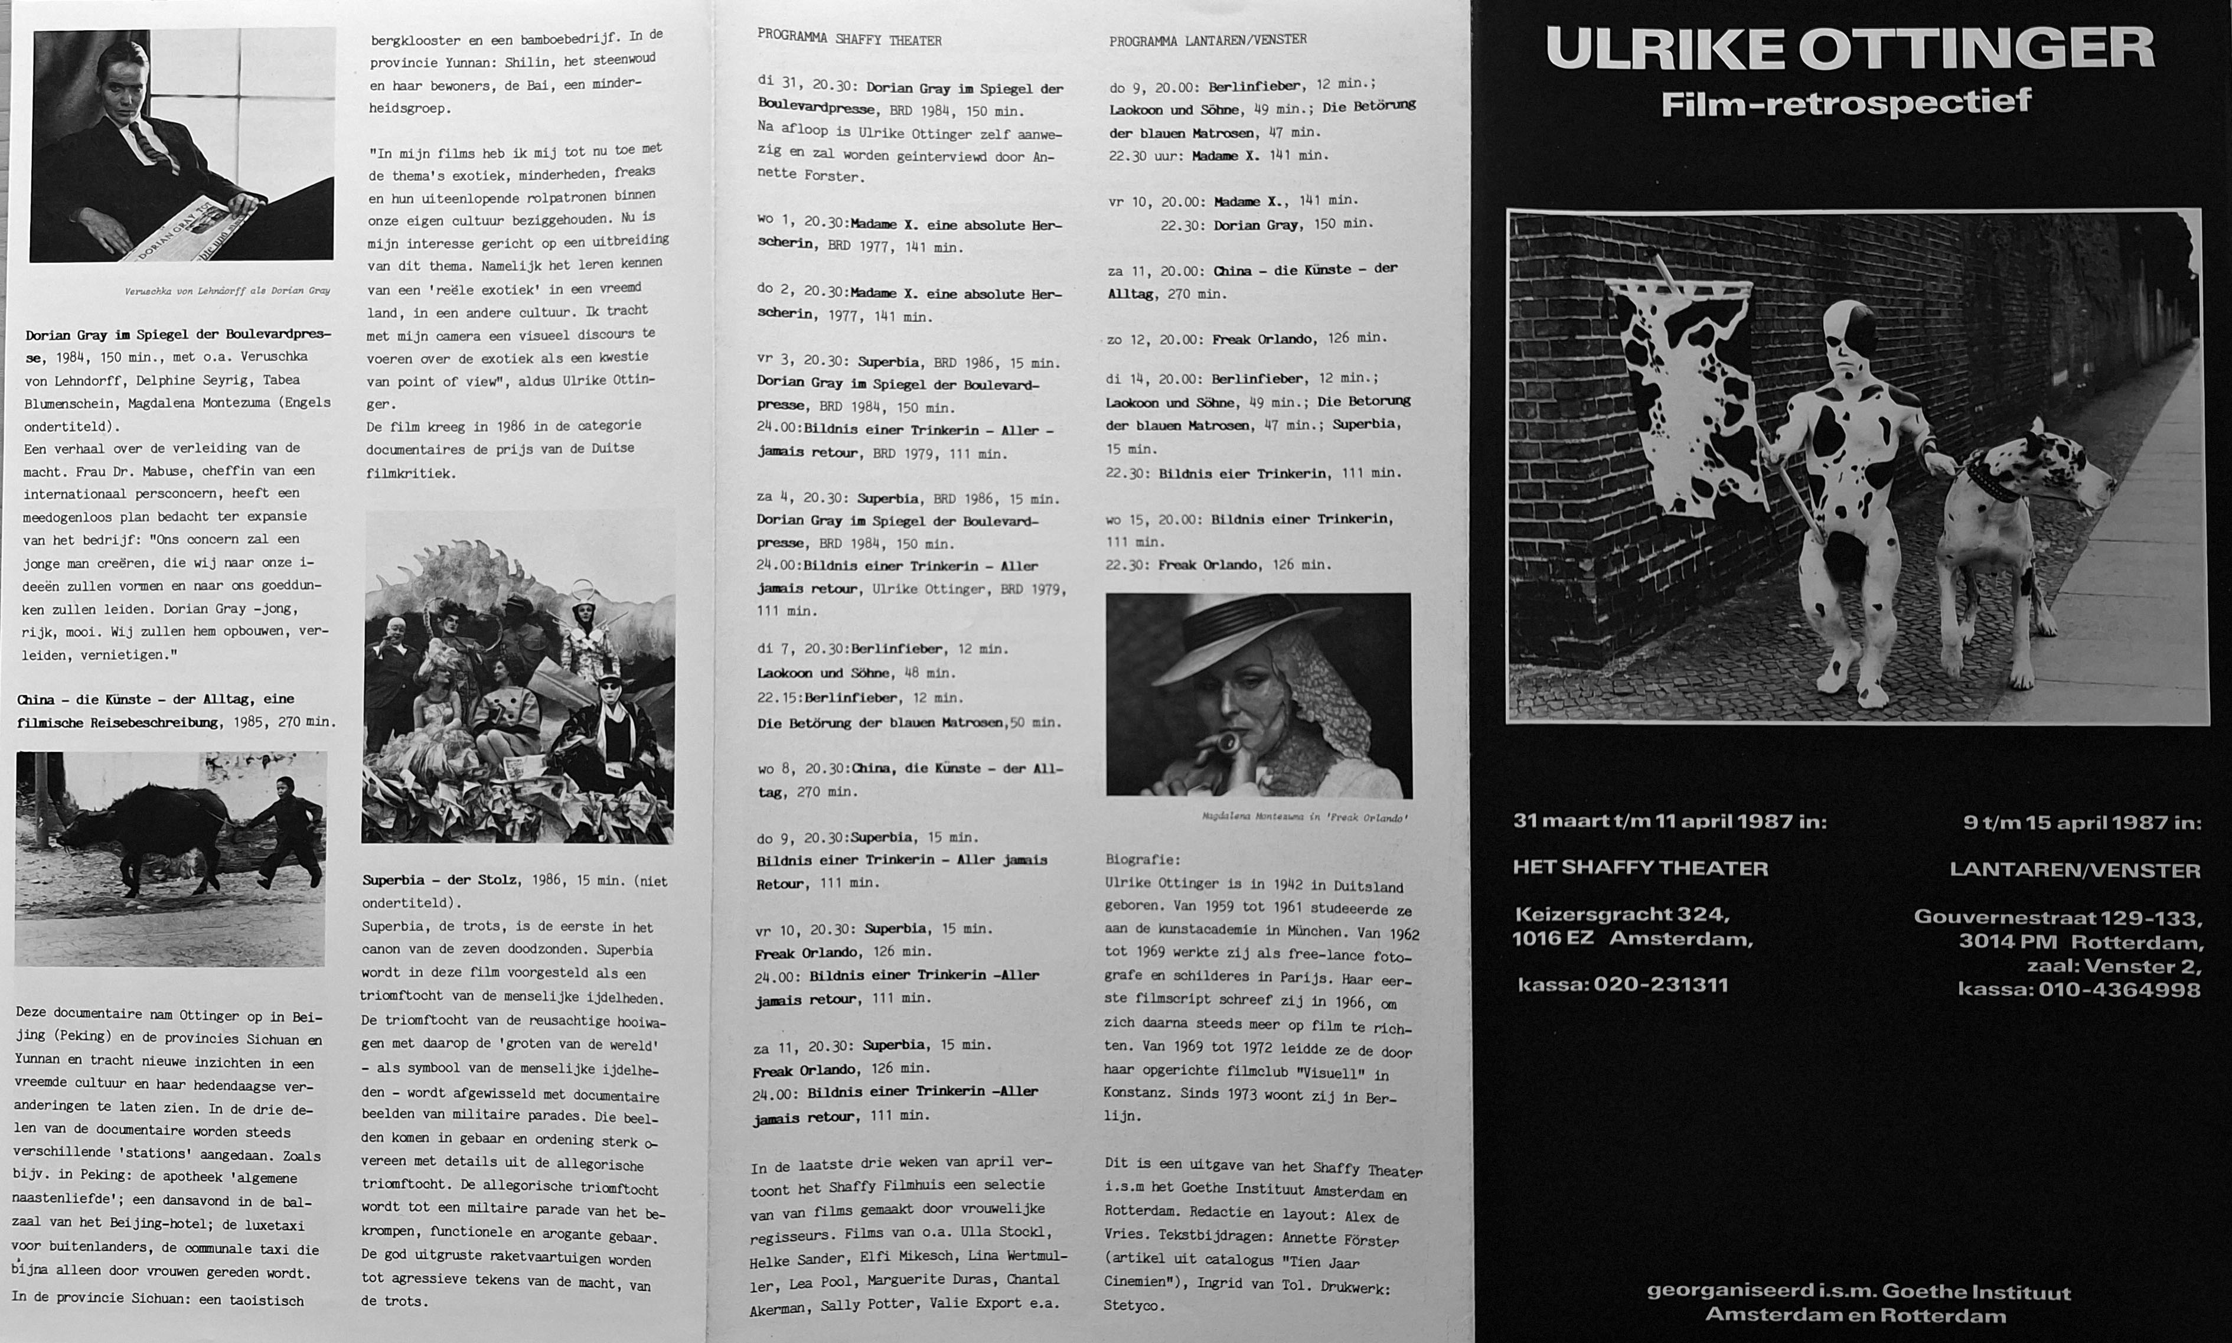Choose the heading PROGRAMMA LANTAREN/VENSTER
pos(1207,40)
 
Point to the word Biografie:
pos(1142,860)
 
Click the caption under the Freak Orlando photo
pos(1304,817)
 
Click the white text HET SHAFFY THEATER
pos(1639,868)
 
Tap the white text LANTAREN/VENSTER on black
pos(2074,871)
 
